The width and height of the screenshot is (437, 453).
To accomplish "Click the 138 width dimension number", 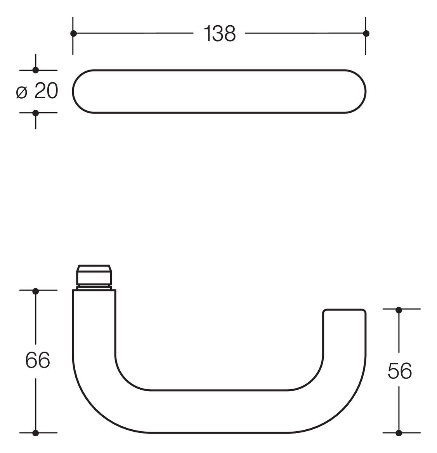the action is [219, 33].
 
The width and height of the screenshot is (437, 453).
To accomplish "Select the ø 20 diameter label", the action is [37, 91].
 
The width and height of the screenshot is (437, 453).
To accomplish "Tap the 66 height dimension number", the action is [38, 360].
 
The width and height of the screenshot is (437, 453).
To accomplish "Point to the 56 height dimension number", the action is [399, 371].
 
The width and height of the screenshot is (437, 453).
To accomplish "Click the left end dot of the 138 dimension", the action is [73, 33].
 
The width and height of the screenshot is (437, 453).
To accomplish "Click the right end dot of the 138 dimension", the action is [366, 33].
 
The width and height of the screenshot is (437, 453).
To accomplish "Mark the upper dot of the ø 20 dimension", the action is [35, 70].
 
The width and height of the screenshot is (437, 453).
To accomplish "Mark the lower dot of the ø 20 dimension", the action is [35, 113].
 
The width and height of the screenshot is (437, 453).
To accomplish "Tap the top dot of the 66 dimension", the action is [35, 291].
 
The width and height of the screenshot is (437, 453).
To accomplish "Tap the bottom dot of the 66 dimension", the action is [35, 433].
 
